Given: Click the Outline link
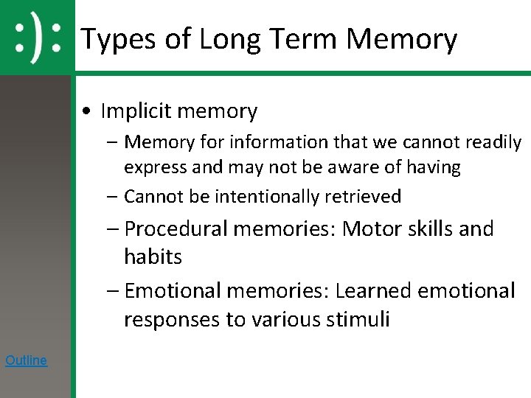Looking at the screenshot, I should (26, 360).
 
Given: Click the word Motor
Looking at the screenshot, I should (373, 228).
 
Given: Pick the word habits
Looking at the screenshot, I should (153, 257).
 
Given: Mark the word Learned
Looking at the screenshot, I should (373, 291).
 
